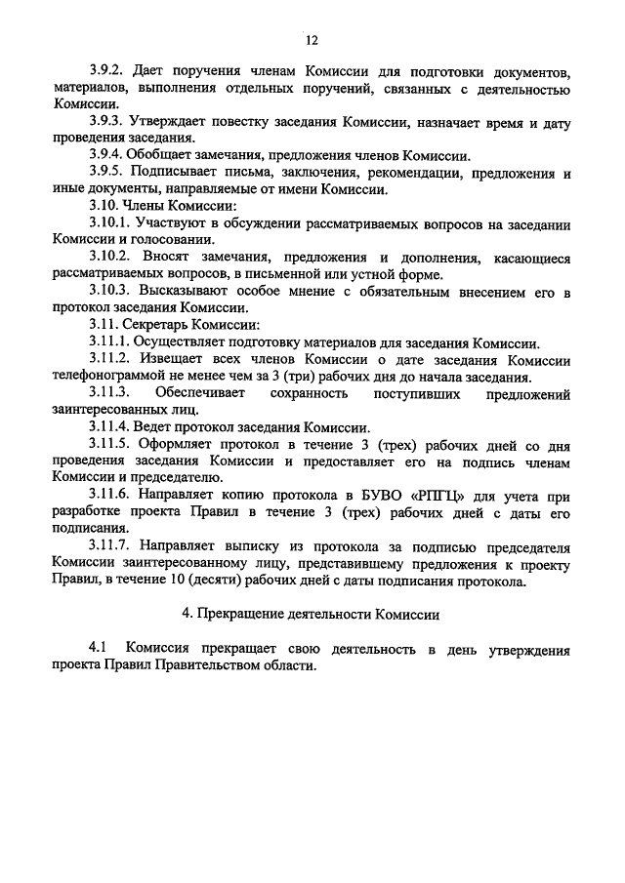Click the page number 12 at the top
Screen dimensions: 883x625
click(312, 40)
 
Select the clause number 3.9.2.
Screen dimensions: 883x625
click(106, 72)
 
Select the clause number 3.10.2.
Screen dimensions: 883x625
click(109, 257)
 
